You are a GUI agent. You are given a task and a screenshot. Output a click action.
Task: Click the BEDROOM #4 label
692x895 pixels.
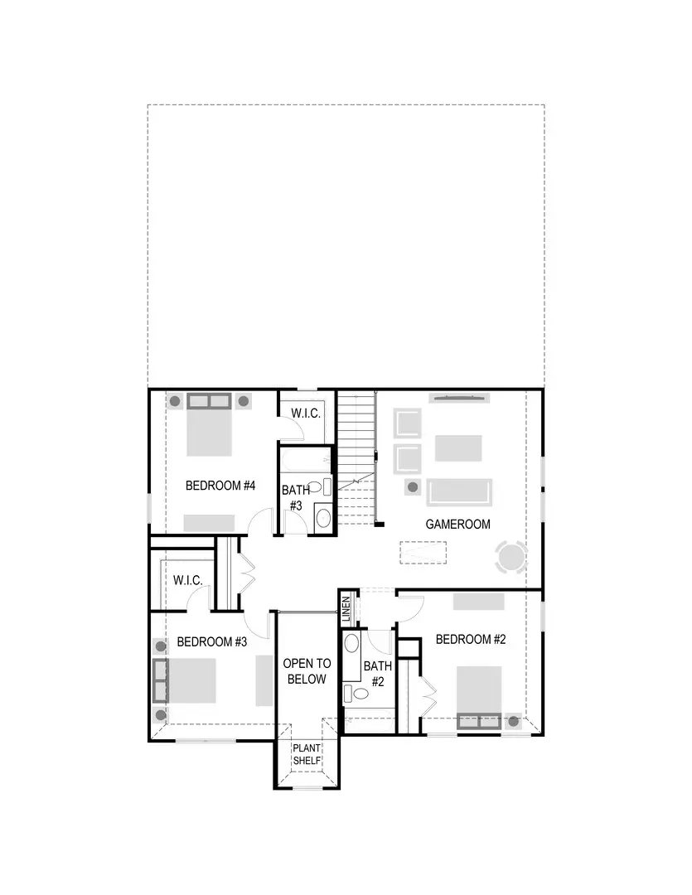tap(220, 486)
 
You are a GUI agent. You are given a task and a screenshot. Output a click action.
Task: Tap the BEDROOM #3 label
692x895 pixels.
tap(213, 641)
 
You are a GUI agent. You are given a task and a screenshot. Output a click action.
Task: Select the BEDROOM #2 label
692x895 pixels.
tap(471, 639)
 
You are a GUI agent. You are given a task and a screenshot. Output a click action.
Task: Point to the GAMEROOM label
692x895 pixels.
tap(457, 524)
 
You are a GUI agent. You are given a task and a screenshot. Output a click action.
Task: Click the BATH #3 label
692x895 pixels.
tap(296, 497)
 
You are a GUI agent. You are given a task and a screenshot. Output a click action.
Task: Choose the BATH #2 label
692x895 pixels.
tap(377, 674)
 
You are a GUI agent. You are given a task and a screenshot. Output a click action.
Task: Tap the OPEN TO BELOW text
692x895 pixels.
tap(307, 671)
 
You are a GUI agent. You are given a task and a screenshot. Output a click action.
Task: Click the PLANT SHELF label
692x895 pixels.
tap(306, 754)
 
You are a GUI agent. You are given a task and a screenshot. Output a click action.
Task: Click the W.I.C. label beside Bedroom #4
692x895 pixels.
tap(306, 413)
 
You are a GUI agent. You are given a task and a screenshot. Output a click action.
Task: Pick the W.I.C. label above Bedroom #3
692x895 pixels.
tap(188, 581)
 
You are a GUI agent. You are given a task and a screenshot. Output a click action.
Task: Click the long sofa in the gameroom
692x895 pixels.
tap(459, 491)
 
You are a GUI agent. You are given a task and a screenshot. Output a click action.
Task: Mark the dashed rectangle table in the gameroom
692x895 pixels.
tap(423, 552)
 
